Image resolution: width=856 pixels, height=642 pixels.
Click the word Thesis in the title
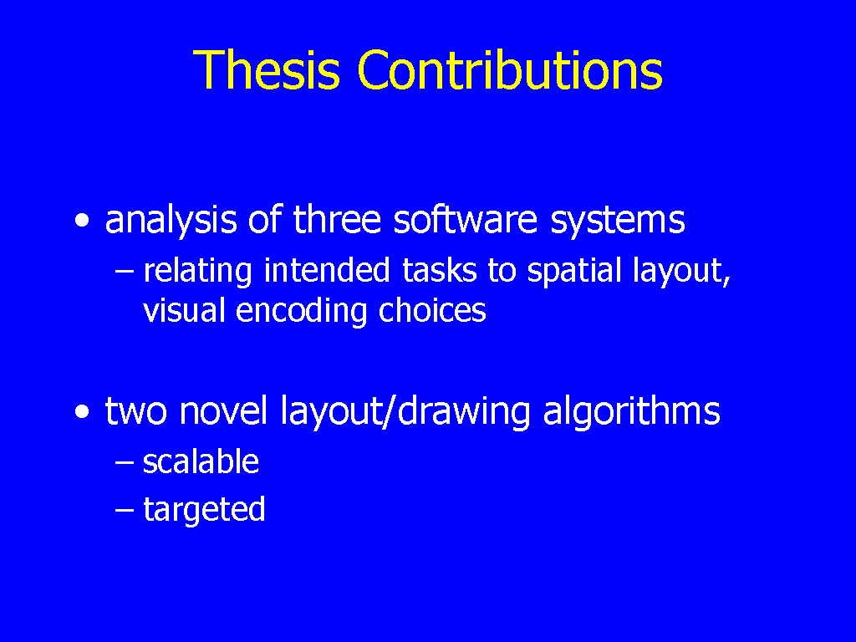tap(267, 69)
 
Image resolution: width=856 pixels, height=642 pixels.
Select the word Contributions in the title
tap(511, 69)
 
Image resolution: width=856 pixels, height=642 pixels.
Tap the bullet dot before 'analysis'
tap(82, 221)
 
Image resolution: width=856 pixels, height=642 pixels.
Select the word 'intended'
tap(327, 270)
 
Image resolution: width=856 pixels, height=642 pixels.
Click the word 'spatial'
tap(574, 272)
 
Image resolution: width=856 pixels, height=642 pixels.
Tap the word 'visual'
tap(184, 310)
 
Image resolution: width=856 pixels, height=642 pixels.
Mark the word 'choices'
tap(432, 310)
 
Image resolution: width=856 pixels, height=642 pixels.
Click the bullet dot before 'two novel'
tap(82, 412)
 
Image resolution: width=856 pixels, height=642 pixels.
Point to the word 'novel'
tap(223, 410)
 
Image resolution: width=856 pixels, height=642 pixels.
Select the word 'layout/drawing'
tap(405, 412)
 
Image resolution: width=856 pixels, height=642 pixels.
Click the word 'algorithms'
tap(632, 412)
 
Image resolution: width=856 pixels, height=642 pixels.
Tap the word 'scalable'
tap(201, 461)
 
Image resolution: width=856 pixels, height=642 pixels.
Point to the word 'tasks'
tap(440, 271)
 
